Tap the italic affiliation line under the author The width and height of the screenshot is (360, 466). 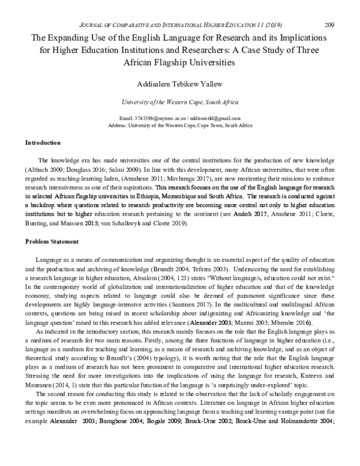point(179,102)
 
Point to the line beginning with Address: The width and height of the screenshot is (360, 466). point(179,125)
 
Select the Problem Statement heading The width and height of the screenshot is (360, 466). point(52,242)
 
